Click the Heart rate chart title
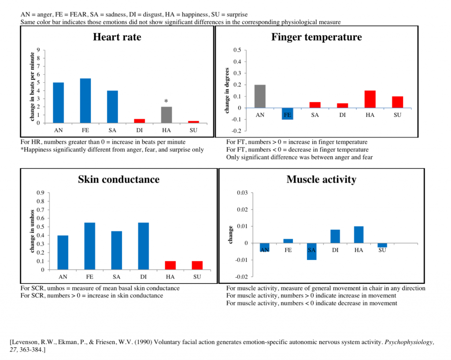[x=117, y=37]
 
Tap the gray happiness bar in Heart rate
[x=166, y=115]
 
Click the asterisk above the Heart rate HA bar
[x=166, y=102]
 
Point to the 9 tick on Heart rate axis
[x=39, y=50]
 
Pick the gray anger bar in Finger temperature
[x=260, y=96]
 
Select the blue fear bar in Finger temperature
[x=287, y=114]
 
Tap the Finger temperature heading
[x=316, y=37]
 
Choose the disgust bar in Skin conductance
[x=143, y=246]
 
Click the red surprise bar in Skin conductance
[x=197, y=265]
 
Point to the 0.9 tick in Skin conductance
[x=41, y=193]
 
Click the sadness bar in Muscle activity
[x=312, y=251]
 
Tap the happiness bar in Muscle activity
[x=359, y=234]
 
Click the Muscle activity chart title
[x=321, y=179]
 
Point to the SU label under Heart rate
[x=193, y=130]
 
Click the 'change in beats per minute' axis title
[x=32, y=86]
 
